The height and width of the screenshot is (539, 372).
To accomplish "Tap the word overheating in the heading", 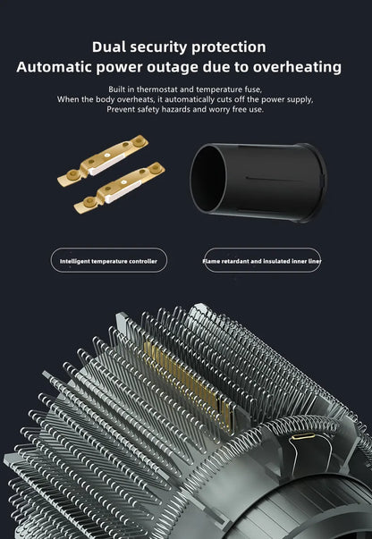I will [295, 67].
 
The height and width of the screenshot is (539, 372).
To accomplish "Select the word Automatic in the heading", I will [73, 67].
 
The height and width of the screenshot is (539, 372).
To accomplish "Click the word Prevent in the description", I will [124, 109].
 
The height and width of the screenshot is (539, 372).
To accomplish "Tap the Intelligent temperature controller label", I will [108, 261].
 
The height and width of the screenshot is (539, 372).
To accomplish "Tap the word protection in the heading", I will [228, 46].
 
